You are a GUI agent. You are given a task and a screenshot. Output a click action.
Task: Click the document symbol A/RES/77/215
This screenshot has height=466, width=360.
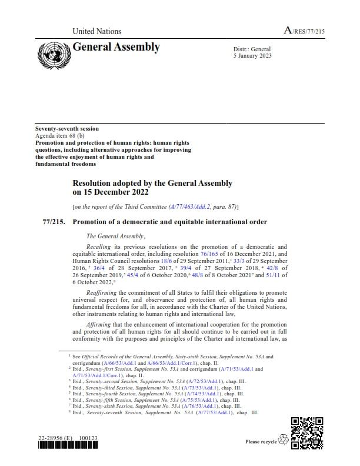[304, 31]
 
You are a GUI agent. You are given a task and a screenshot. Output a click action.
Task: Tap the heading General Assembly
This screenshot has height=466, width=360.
[116, 47]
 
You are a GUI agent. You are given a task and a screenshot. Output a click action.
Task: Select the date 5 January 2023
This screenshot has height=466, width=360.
[253, 56]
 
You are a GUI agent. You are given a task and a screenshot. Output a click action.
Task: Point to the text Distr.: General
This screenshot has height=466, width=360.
[252, 49]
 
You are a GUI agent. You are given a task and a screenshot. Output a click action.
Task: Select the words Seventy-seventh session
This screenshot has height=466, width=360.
[67, 128]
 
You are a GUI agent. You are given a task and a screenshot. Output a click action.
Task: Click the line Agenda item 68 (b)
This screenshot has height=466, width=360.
[60, 135]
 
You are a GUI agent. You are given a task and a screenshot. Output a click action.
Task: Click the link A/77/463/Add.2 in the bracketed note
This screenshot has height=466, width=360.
[189, 207]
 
